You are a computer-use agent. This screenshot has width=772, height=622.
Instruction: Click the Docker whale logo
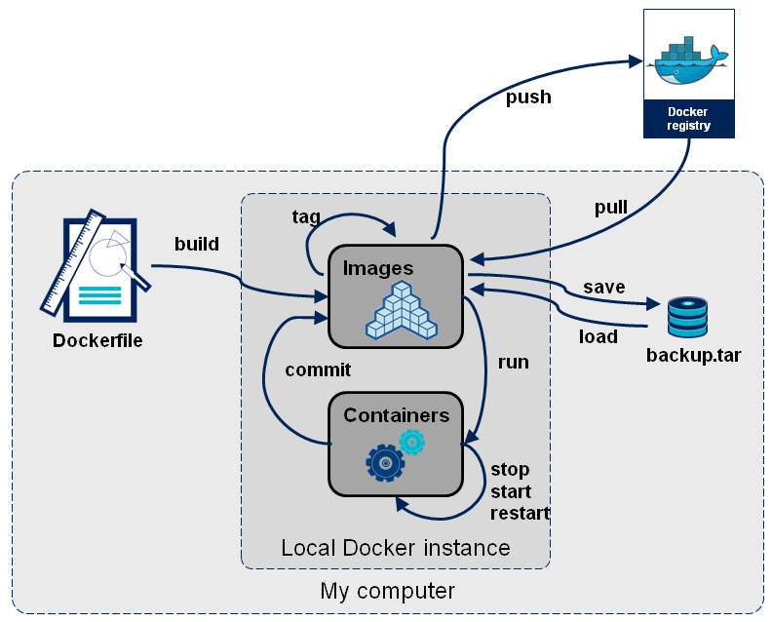coord(688,60)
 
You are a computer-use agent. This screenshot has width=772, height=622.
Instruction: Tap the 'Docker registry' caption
coord(688,118)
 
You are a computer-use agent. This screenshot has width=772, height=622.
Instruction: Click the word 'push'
coord(528,97)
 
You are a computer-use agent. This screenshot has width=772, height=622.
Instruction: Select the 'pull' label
coord(611,207)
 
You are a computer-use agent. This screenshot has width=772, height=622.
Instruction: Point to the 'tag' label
coord(306,216)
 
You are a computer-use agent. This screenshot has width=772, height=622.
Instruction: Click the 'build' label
coord(196,243)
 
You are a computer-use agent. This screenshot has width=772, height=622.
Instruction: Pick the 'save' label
coord(603,287)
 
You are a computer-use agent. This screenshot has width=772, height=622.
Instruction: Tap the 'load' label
coord(598,336)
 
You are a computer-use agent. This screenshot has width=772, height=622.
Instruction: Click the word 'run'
coord(513,362)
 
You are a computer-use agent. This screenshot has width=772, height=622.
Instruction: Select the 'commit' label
coord(318,369)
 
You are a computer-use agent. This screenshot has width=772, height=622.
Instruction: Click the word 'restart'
coord(520,513)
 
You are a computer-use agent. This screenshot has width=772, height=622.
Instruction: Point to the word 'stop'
coord(510,469)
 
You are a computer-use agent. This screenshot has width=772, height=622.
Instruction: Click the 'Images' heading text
coord(378,268)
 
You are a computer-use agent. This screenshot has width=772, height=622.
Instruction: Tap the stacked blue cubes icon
coord(401,311)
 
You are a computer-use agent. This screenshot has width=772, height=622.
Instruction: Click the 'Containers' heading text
coord(396,415)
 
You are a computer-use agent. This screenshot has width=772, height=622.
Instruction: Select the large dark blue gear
coord(385,461)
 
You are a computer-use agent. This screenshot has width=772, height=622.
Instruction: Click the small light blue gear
coord(412,443)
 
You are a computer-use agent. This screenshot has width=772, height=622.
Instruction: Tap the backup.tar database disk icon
coord(688,317)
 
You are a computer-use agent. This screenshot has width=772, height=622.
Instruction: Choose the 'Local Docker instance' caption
coord(395,547)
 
